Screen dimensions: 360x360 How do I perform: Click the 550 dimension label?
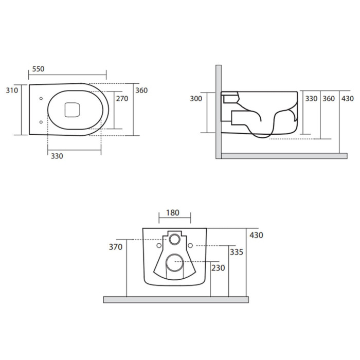(x=38, y=69)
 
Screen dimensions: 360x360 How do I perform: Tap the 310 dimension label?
(x=12, y=91)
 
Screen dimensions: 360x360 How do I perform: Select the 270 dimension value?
(x=122, y=99)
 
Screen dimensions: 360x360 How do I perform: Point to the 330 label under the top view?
(x=57, y=156)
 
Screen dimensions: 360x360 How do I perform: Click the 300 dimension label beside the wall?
(x=196, y=99)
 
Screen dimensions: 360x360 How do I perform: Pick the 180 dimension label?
(x=173, y=213)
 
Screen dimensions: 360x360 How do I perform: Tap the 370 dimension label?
(x=116, y=247)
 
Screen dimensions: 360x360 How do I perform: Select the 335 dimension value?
(x=237, y=252)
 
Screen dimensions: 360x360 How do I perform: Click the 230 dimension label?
(x=218, y=268)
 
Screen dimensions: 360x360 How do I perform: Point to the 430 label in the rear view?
(x=256, y=235)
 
